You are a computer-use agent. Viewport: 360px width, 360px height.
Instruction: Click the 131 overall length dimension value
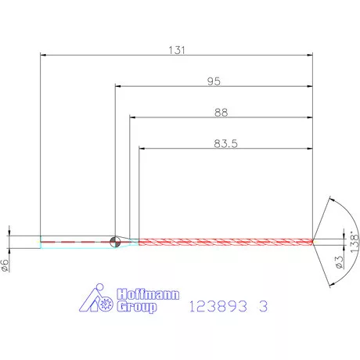[177, 50]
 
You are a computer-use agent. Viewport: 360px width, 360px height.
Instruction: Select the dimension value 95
[214, 81]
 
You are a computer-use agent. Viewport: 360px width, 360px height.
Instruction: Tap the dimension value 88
[221, 113]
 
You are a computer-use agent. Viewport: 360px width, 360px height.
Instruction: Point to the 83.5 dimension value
[226, 143]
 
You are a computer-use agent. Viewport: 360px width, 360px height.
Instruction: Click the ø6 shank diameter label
[5, 265]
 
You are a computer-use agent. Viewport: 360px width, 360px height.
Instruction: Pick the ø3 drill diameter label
[339, 262]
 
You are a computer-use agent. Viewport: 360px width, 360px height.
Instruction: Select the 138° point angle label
[355, 242]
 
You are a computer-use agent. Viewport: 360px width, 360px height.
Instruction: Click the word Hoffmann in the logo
[148, 294]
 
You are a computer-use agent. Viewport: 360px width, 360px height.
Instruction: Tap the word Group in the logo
[137, 307]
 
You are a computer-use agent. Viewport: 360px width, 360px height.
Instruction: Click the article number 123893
[218, 306]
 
